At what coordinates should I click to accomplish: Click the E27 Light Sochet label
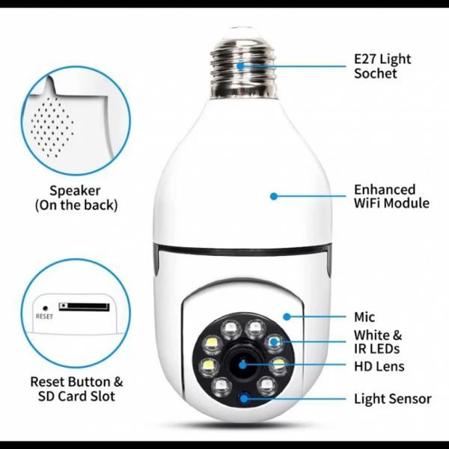pos(382,66)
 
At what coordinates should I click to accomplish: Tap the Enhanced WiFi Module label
pos(391,196)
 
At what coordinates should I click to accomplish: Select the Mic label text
pos(364,317)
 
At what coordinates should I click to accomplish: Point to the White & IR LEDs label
pos(378,342)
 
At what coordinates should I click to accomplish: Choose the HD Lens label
pos(379,366)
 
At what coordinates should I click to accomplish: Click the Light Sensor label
pos(393,399)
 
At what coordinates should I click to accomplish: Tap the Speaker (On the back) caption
pos(76,198)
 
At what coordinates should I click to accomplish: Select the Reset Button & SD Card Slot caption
pos(76,389)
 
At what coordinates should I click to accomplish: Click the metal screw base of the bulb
pos(244,68)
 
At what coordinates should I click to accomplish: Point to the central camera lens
pos(242,364)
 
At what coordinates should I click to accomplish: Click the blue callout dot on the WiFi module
pos(274,196)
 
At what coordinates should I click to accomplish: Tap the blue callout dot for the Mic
pos(287,317)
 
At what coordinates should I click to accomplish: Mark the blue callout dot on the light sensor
pos(244,399)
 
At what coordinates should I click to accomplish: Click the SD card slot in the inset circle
pos(84,307)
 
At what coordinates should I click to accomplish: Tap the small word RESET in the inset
pos(44,317)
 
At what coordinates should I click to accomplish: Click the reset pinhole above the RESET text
pos(45,308)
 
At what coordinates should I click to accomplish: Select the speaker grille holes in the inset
pos(52,127)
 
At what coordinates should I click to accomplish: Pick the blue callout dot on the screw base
pos(241,66)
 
